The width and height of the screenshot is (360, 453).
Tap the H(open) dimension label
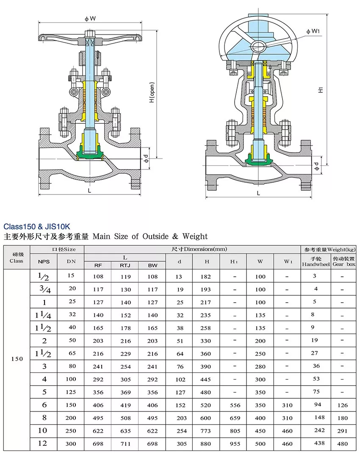coord(152,93)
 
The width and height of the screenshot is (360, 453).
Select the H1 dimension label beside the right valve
coord(321,89)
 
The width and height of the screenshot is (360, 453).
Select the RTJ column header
coord(125,265)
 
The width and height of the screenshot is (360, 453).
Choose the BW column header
coord(152,265)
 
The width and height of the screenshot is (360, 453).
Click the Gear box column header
coord(343,264)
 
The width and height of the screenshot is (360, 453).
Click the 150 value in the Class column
coord(17,359)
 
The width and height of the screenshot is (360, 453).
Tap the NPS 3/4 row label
coord(44,289)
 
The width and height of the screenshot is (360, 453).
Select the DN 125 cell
coord(71,392)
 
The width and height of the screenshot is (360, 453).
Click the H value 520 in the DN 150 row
coord(207,405)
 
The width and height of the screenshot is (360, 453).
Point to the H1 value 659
coord(234,418)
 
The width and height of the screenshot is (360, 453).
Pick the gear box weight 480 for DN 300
coord(343,444)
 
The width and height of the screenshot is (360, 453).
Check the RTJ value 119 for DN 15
coord(125,277)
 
